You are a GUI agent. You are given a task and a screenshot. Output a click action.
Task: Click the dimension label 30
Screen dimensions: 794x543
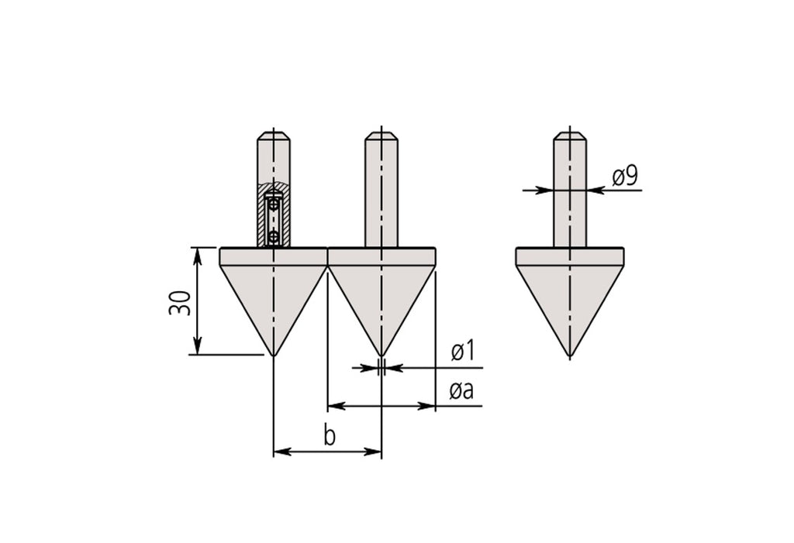180,303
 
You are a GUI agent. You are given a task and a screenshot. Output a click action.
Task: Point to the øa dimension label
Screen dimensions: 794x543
461,390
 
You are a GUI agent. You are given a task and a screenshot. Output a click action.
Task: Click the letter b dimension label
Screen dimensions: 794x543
329,435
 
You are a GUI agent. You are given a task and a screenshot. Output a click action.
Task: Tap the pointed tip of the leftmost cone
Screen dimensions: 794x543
274,356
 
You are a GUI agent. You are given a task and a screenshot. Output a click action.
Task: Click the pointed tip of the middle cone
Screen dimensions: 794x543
381,356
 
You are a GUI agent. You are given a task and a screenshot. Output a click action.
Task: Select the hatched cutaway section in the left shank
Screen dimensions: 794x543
274,215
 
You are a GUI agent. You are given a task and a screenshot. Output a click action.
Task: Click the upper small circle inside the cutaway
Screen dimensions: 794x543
274,205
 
